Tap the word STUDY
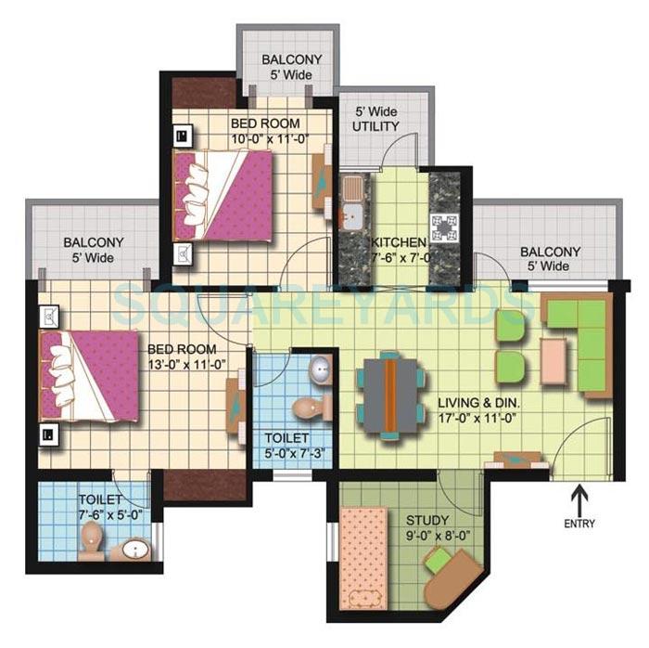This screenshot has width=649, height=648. (x=426, y=520)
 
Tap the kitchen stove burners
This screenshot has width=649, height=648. (x=445, y=226)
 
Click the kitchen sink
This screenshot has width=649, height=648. (x=353, y=201)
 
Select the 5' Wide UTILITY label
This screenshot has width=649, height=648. (x=376, y=118)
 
